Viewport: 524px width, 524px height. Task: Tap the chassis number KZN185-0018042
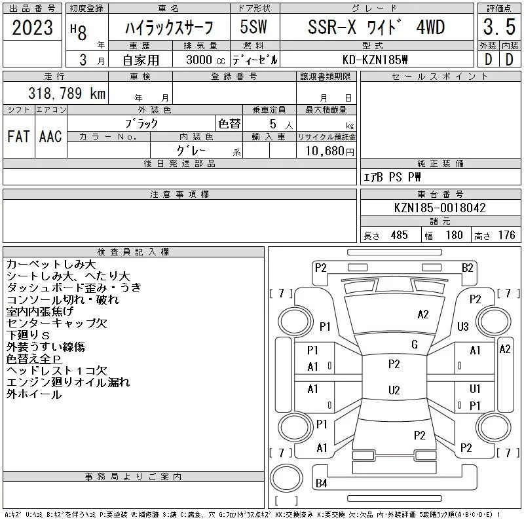[x=440, y=208]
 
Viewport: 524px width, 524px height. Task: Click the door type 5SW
[x=254, y=28]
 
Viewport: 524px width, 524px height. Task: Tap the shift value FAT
[x=18, y=136]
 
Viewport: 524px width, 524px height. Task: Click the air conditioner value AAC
[x=50, y=136]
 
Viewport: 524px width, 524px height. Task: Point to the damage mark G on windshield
[x=414, y=345]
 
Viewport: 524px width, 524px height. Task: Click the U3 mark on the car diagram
[x=463, y=326]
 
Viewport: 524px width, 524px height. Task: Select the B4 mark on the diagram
[x=321, y=483]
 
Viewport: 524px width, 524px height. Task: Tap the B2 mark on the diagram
[x=467, y=267]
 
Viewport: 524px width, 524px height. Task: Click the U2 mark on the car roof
[x=394, y=390]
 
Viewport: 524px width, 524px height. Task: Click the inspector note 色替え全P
[x=33, y=359]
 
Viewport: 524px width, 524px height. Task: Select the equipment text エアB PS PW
[x=392, y=177]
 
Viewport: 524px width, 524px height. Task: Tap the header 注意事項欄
[x=179, y=195]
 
